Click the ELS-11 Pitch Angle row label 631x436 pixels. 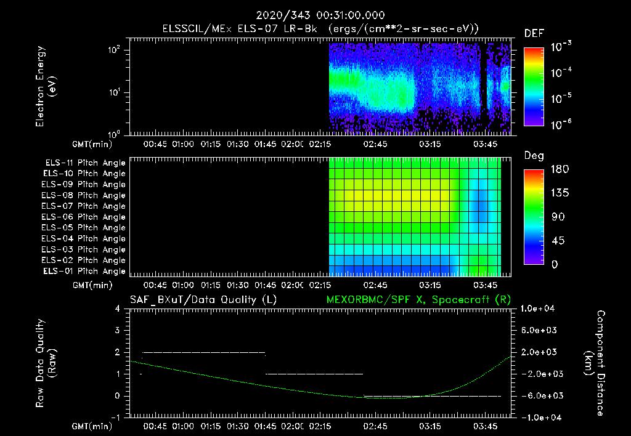[84, 163]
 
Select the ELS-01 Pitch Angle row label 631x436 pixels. [84, 271]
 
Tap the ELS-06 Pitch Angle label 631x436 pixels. [84, 217]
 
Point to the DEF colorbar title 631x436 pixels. [533, 34]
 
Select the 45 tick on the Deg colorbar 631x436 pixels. [556, 241]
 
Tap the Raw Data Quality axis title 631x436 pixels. [46, 363]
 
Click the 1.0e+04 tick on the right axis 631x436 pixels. [539, 309]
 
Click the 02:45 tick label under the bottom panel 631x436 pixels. [376, 426]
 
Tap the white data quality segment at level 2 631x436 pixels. [203, 352]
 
